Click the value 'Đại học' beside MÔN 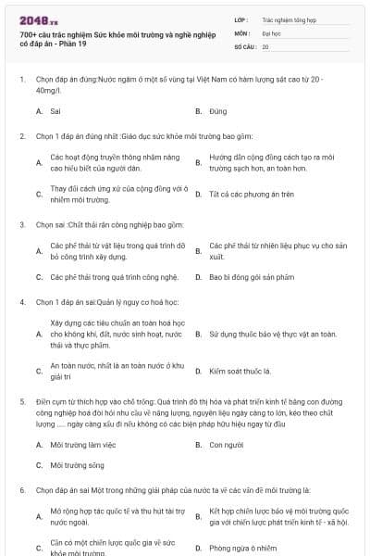click(271, 32)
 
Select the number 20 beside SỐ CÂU click(265, 46)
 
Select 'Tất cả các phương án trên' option click(239, 194)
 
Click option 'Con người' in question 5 click(226, 444)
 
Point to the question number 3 click(21, 224)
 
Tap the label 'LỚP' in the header click(241, 19)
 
